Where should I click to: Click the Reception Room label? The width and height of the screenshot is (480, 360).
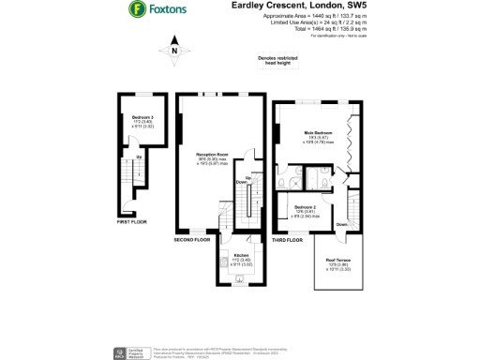click(212, 155)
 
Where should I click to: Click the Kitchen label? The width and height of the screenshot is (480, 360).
click(240, 255)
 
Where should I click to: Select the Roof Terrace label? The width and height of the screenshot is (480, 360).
click(338, 262)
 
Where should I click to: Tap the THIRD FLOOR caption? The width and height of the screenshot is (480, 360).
click(289, 239)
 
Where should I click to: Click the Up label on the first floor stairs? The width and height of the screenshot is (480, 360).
click(140, 156)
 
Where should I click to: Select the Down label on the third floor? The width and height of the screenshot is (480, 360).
click(342, 224)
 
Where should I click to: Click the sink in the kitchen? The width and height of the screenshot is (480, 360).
click(241, 278)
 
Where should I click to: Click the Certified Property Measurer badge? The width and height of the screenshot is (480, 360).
click(122, 354)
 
